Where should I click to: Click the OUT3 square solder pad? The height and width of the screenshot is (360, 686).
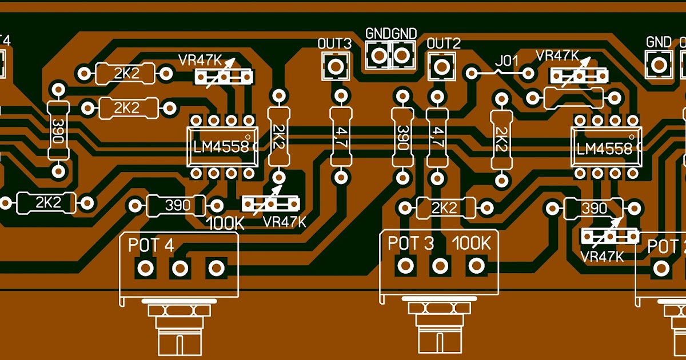coord(335,66)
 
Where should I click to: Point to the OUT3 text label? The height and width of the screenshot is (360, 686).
coord(334,43)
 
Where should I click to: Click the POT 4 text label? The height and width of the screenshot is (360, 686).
coord(150,245)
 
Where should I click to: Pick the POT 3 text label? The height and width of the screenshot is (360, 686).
coord(410,243)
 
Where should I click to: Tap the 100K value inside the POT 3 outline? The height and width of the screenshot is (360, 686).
coord(472,243)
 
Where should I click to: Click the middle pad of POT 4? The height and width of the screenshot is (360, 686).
coord(181,267)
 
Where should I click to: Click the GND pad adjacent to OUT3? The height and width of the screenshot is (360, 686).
coord(378,55)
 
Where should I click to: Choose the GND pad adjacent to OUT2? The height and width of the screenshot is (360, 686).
coord(403,55)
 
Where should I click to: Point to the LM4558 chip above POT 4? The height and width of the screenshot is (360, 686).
coord(221,147)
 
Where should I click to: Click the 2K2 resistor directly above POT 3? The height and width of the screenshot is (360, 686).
coord(445,207)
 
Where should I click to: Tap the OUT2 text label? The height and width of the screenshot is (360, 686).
coord(444,43)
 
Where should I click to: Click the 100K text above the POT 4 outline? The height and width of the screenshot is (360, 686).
coord(225,223)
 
